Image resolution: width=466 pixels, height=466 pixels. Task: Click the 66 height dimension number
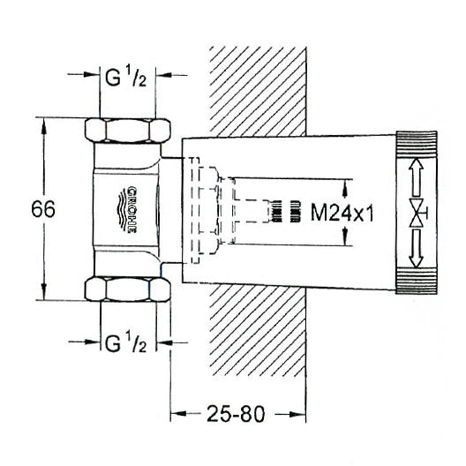click(x=42, y=210)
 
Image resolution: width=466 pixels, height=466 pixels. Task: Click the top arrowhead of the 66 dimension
click(x=42, y=124)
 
